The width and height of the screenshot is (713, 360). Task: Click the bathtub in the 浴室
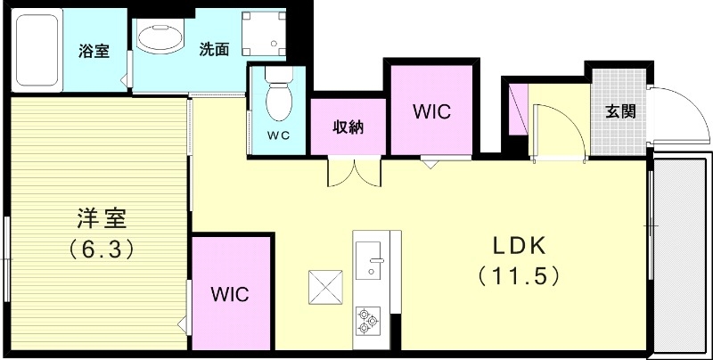pyautogui.click(x=37, y=51)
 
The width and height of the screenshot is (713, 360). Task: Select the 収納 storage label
pyautogui.click(x=348, y=127)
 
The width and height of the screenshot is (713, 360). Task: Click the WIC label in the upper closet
pyautogui.click(x=431, y=112)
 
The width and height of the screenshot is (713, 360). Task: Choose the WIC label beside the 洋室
pyautogui.click(x=230, y=293)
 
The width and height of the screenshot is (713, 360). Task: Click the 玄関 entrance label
pyautogui.click(x=620, y=111)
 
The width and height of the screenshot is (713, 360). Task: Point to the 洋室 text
pyautogui.click(x=100, y=217)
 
